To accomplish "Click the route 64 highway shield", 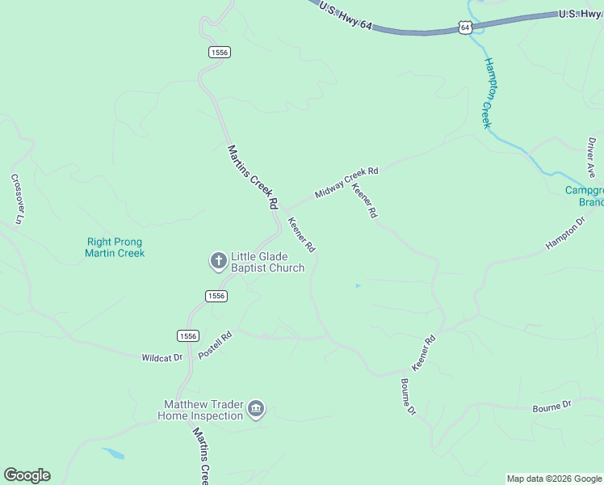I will click(x=464, y=27).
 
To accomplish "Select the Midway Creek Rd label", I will click(x=346, y=183).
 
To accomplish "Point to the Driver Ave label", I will click(x=592, y=158).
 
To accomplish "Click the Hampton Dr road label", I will click(x=565, y=233).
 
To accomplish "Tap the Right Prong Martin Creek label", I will click(x=115, y=247).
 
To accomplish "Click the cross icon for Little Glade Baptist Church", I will click(x=218, y=261).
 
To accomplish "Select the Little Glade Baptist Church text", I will click(x=267, y=262).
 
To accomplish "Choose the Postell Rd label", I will click(x=215, y=345).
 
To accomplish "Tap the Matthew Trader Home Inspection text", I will click(x=203, y=410).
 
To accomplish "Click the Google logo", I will click(x=27, y=475).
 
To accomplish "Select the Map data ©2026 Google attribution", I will click(x=554, y=479).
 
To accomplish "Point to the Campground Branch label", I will click(x=584, y=196).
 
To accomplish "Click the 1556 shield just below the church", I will click(x=216, y=296).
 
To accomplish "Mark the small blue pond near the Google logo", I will click(x=113, y=453).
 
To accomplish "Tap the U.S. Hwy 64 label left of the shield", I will click(x=345, y=15).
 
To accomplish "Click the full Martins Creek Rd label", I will click(x=253, y=178).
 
